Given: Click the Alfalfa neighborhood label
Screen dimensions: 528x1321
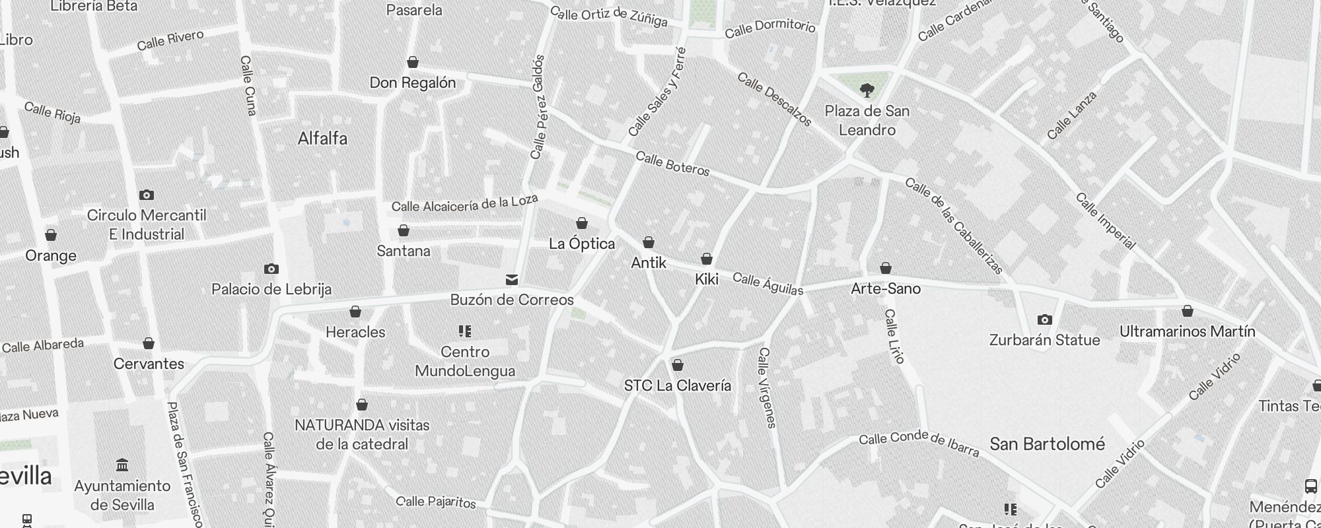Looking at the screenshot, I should coord(322,139).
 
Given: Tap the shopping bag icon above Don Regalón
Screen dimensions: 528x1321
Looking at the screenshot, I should coord(413,62).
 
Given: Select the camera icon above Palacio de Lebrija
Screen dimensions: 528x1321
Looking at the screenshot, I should coord(271,269).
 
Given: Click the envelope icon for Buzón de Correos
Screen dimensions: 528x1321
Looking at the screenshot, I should coord(511,280).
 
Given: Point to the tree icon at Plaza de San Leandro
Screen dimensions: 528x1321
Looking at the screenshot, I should coord(867,90).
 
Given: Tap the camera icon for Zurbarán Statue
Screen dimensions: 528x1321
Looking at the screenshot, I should coord(1044,320).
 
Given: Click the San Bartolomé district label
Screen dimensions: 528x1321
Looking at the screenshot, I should coord(1047,444).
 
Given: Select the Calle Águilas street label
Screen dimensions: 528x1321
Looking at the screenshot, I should coord(768,284).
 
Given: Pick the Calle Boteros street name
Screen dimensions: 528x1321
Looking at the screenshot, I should coord(672,164).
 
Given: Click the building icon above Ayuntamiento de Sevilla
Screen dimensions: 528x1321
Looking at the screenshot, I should coord(122,465).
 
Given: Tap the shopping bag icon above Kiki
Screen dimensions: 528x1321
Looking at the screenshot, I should coord(707,259).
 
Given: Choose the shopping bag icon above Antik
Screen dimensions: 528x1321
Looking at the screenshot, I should coord(649,242).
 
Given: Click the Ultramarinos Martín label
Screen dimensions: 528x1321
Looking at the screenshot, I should coord(1187,331).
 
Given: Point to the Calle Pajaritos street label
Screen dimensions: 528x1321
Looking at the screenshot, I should coord(437,502).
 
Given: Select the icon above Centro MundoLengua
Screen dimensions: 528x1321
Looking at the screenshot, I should coord(465,331).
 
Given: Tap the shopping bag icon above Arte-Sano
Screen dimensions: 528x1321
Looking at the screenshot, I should coord(886,268).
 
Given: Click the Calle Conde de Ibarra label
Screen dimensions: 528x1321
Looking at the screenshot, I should coord(919,444).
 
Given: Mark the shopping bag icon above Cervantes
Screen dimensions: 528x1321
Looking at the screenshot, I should coord(149,343).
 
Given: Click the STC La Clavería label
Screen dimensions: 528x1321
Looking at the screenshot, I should coord(677,385).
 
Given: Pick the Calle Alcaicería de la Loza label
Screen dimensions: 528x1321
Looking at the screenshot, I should coord(464,203).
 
